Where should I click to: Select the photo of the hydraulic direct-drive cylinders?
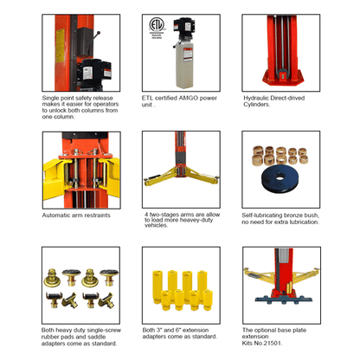click(x=281, y=53)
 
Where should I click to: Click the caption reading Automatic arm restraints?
click(x=76, y=215)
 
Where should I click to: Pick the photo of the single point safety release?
click(x=80, y=53)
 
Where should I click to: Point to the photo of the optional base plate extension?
click(x=281, y=286)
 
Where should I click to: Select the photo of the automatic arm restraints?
click(x=80, y=170)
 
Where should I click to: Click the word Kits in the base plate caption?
click(x=250, y=344)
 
